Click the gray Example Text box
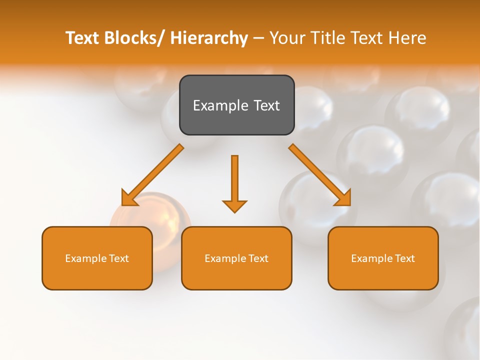tap(236, 105)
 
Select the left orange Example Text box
tap(97, 258)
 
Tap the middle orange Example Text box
tap(236, 258)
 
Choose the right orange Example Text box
tap(383, 258)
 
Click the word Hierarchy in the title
tap(209, 38)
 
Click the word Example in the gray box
tap(215, 105)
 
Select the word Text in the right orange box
tap(404, 258)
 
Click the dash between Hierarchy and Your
tap(258, 39)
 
